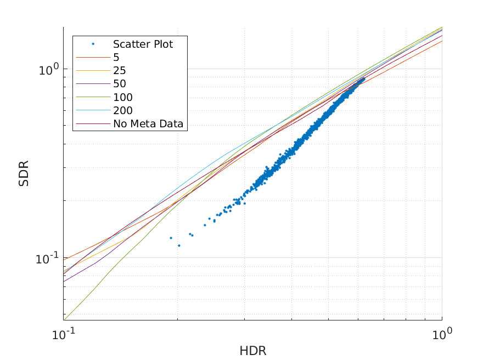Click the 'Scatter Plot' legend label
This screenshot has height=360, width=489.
[143, 44]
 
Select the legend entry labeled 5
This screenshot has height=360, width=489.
[116, 57]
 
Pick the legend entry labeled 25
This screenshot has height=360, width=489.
[119, 71]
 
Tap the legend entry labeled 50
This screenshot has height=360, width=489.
[119, 84]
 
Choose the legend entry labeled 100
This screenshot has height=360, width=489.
[122, 97]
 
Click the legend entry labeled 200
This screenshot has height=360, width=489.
[122, 111]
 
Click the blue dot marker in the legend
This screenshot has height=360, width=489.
[93, 44]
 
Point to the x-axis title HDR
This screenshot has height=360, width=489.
[252, 350]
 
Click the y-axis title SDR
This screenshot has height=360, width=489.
[24, 173]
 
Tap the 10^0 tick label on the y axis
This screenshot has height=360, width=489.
[48, 70]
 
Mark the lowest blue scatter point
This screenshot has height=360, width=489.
[179, 245]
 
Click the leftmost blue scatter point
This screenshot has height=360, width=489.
[171, 238]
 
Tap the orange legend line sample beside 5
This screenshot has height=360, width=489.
[93, 57]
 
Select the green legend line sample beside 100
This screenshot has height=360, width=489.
[93, 97]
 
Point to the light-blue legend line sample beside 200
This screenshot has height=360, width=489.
[93, 111]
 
